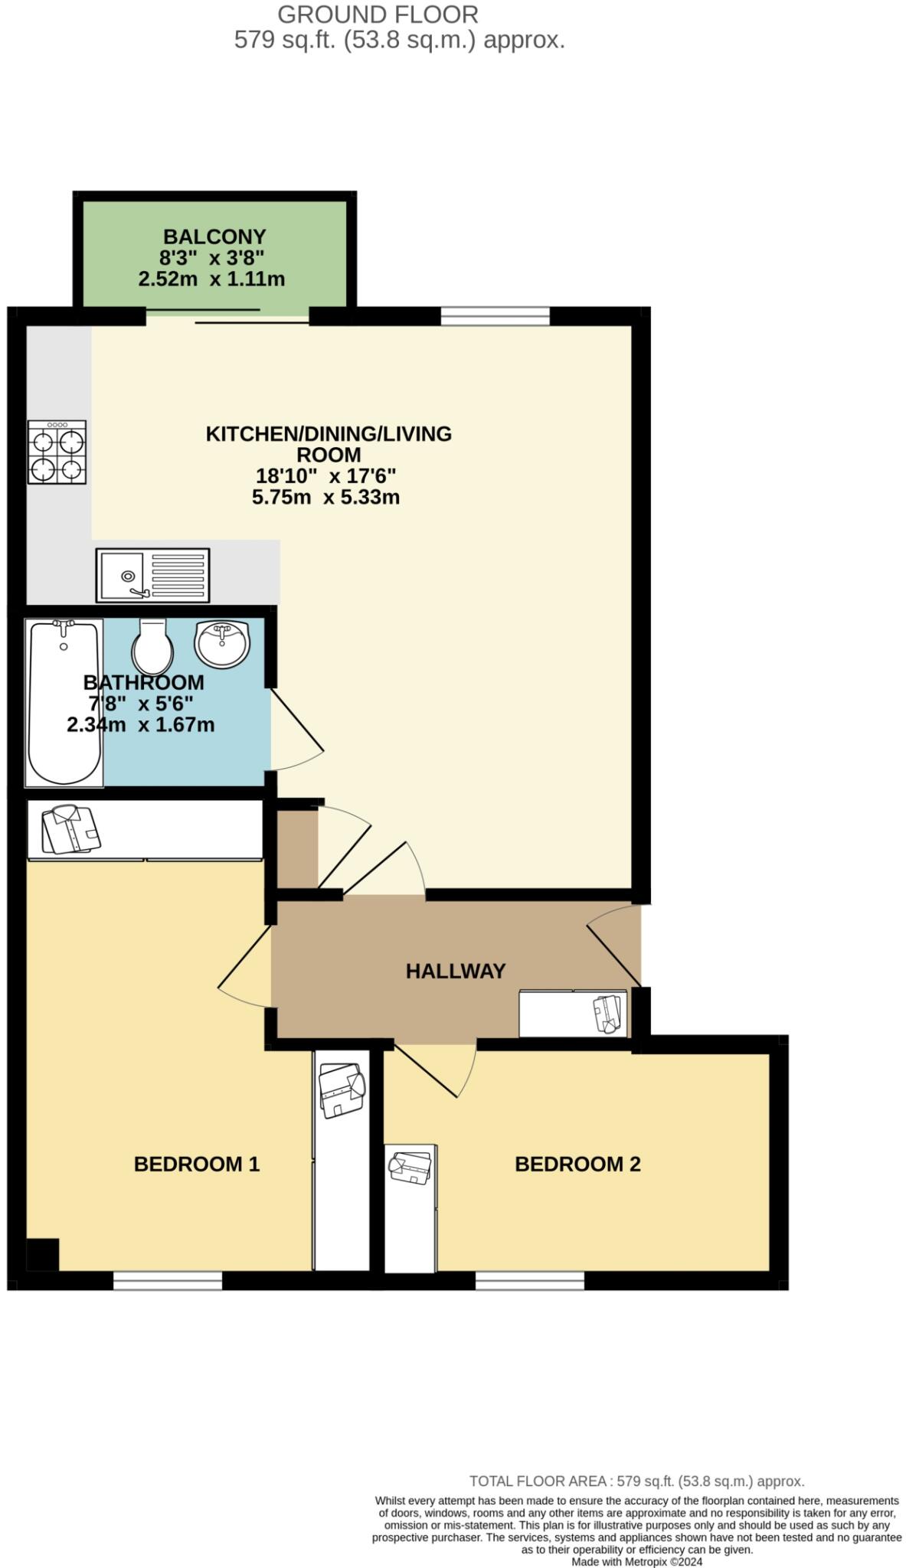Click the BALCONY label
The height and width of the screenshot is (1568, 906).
click(214, 237)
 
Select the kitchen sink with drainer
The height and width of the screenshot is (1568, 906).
click(152, 574)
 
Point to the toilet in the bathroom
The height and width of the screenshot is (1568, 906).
click(152, 648)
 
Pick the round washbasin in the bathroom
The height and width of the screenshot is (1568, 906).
click(222, 643)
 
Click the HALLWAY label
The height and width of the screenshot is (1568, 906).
click(455, 971)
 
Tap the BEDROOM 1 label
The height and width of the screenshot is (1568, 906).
click(197, 1164)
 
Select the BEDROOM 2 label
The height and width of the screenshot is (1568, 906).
click(577, 1164)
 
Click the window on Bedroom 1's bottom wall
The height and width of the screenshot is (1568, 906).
click(168, 1279)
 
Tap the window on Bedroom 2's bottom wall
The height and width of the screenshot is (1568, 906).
click(530, 1279)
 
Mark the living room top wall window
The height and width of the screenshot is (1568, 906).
click(495, 315)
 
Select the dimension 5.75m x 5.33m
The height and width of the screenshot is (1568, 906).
click(325, 497)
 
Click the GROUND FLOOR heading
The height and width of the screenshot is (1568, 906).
click(378, 15)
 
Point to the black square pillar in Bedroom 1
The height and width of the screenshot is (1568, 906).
click(43, 1254)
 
